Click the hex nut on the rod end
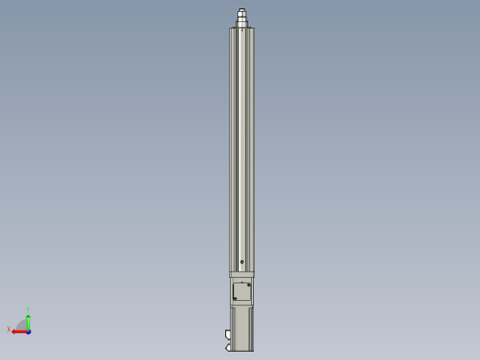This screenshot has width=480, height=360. (x=242, y=16)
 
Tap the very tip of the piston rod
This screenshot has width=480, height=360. (x=242, y=9)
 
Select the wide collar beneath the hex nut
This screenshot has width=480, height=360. (x=242, y=23)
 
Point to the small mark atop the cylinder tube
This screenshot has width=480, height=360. (x=242, y=30)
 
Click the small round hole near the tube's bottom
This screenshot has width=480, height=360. (x=242, y=262)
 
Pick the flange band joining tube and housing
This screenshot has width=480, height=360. (x=242, y=274)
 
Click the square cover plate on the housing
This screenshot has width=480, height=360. (x=242, y=292)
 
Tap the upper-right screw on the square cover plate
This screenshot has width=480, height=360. (x=249, y=284)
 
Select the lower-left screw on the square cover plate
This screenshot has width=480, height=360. (x=234, y=298)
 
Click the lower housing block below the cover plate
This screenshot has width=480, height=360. (x=242, y=328)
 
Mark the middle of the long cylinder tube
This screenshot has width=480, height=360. (x=242, y=148)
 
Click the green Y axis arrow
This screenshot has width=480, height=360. (x=29, y=319)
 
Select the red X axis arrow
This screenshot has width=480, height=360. (x=18, y=330)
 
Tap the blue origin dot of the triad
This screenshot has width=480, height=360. (x=29, y=330)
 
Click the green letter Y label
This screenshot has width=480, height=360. (x=29, y=311)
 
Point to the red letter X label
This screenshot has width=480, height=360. (x=9, y=330)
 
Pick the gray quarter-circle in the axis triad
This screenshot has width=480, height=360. (x=23, y=325)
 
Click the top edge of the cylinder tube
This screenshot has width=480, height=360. (x=242, y=28)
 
